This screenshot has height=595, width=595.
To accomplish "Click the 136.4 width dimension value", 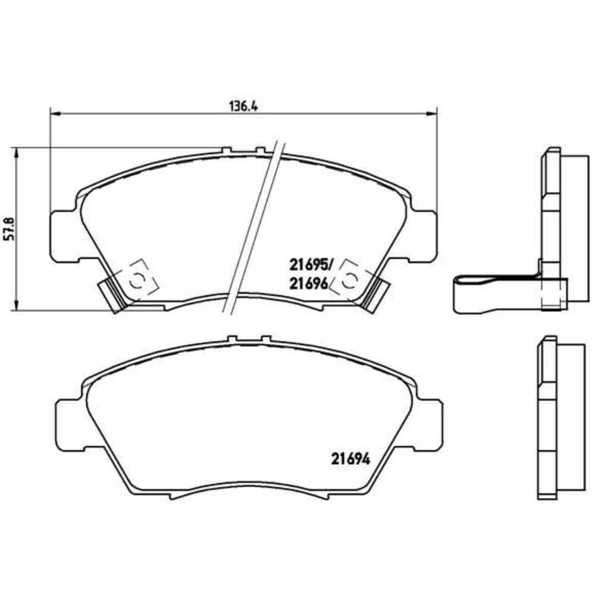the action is point(243,107).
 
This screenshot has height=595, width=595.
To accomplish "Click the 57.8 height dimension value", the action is point(9,229).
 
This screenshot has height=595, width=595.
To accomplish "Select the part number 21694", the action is point(350,459).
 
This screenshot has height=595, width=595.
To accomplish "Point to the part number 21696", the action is point(308,283).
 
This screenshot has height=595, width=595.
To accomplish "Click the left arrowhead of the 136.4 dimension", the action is point(55,113).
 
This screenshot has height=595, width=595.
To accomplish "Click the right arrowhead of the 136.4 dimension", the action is point(432,113).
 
